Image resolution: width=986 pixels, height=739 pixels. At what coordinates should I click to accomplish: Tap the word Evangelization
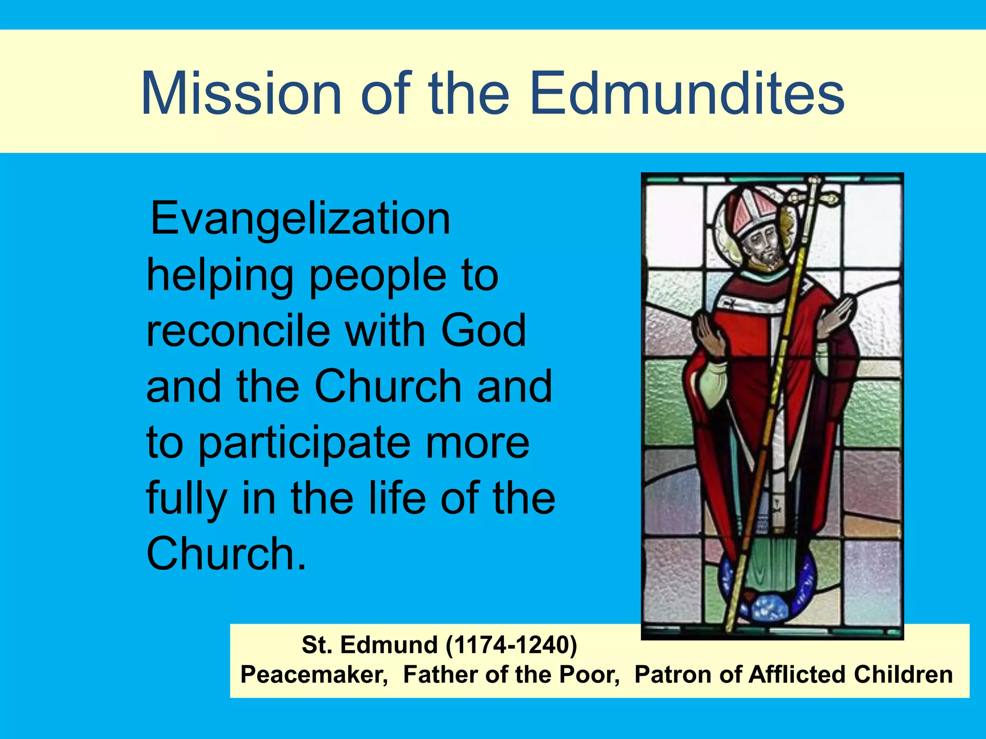pos(300,219)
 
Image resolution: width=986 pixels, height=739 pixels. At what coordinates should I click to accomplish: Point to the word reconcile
pos(238,331)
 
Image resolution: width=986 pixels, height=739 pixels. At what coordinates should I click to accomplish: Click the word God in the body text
pos(483,331)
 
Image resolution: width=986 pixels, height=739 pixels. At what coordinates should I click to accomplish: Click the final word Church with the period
pos(226,554)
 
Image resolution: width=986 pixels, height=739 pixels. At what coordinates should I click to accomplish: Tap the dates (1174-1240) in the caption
pos(511,645)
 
